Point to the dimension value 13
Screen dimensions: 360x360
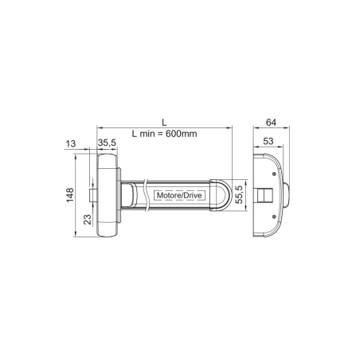[70, 143]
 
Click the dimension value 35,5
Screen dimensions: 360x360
[107, 143]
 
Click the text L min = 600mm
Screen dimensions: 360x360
[162, 134]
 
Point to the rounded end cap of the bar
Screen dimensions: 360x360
[223, 194]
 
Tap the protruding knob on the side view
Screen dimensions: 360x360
[285, 194]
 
